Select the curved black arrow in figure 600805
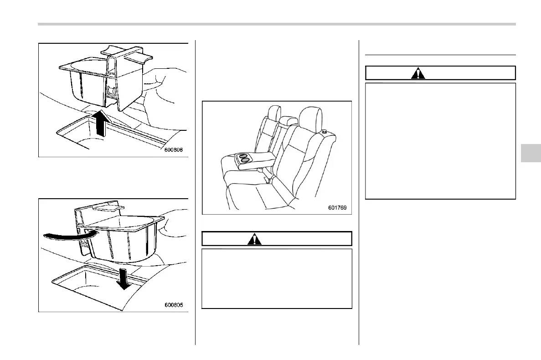pyautogui.click(x=68, y=234)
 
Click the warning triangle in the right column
pyautogui.click(x=418, y=73)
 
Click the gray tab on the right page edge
pyautogui.click(x=530, y=153)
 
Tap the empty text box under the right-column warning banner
pyautogui.click(x=440, y=141)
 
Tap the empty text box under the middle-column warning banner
pyautogui.click(x=277, y=278)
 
